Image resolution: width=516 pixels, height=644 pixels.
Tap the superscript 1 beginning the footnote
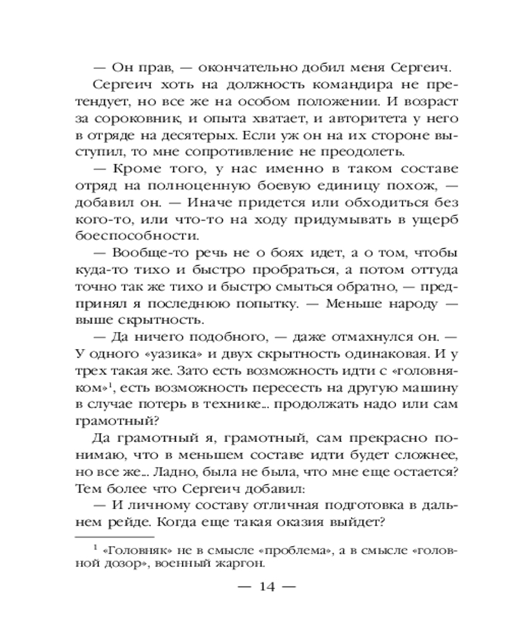pyautogui.click(x=95, y=546)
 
